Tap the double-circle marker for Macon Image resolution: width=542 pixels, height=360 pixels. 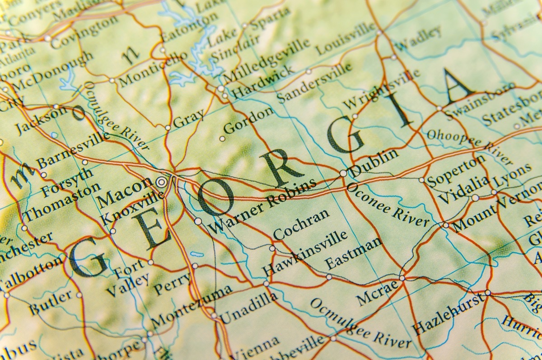pyautogui.click(x=161, y=182)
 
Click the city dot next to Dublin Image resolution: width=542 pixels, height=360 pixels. pyautogui.click(x=343, y=173)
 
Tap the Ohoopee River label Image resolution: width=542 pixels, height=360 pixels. pyautogui.click(x=470, y=146)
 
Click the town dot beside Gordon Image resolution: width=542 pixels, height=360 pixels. pyautogui.click(x=222, y=139)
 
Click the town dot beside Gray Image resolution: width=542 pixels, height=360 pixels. pyautogui.click(x=168, y=128)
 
